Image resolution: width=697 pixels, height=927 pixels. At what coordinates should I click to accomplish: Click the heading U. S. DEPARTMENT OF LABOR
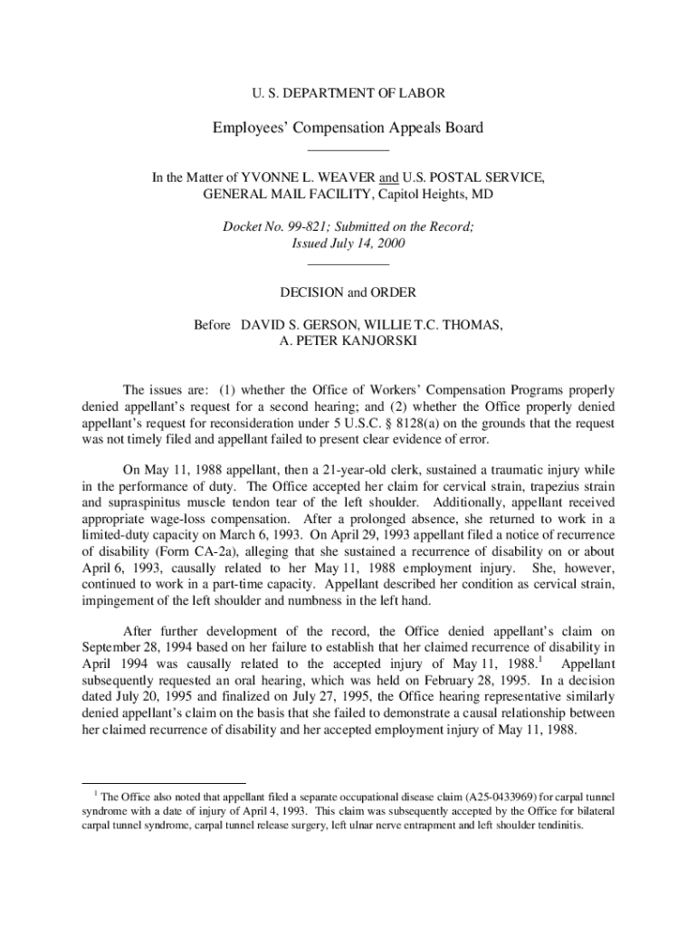pos(348,92)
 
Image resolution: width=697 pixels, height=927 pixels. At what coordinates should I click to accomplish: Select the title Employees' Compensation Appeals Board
pos(348,128)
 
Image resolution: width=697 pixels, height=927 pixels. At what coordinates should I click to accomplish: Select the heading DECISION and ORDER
pos(348,292)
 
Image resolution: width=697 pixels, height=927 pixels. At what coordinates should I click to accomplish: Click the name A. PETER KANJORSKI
pos(348,341)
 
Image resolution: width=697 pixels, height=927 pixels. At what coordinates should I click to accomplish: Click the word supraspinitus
pos(142,502)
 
